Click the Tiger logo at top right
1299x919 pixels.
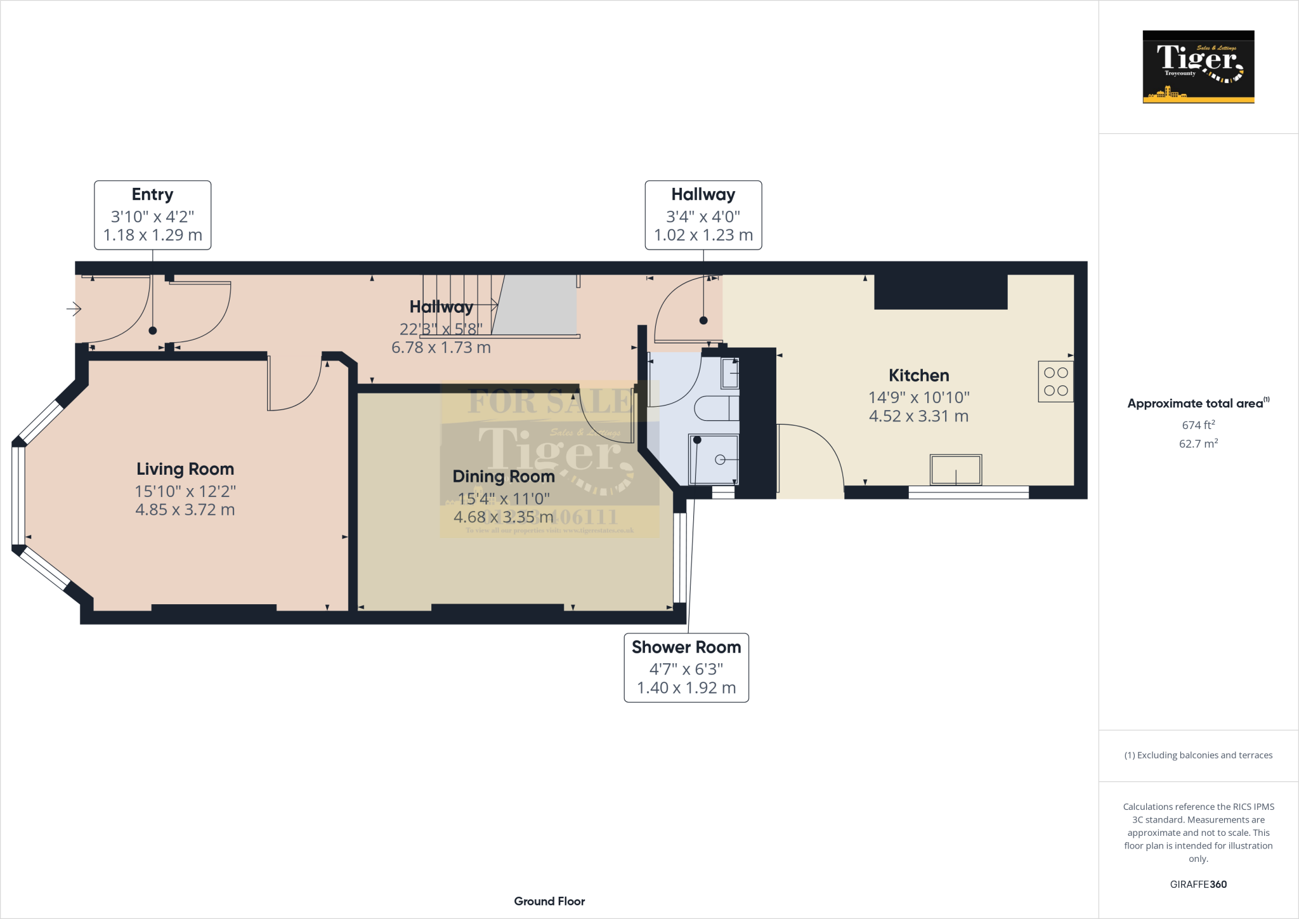pyautogui.click(x=1198, y=67)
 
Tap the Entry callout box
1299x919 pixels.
pyautogui.click(x=152, y=215)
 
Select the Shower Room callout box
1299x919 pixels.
pyautogui.click(x=686, y=668)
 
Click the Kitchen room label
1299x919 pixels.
pyautogui.click(x=918, y=376)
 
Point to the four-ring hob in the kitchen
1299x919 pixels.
pyautogui.click(x=1055, y=381)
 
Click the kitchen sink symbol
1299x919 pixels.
pyautogui.click(x=955, y=470)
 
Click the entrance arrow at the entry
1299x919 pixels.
pyautogui.click(x=74, y=309)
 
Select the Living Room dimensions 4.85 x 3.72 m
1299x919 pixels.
pyautogui.click(x=185, y=510)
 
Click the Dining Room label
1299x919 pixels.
pyautogui.click(x=504, y=477)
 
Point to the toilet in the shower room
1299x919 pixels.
pyautogui.click(x=717, y=409)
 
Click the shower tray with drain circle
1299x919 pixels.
pyautogui.click(x=714, y=459)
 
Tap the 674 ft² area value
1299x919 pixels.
pyautogui.click(x=1198, y=425)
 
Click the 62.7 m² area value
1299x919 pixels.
pyautogui.click(x=1198, y=444)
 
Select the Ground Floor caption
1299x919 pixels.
pyautogui.click(x=549, y=901)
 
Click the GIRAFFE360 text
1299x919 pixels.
pyautogui.click(x=1198, y=884)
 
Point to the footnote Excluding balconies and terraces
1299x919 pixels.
pyautogui.click(x=1198, y=755)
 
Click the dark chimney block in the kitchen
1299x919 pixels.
pyautogui.click(x=941, y=293)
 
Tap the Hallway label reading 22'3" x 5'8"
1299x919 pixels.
pyautogui.click(x=441, y=329)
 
